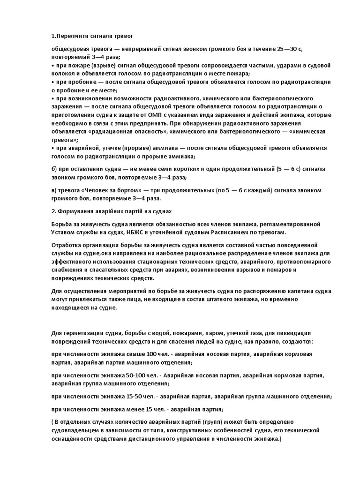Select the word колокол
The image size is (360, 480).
tap(62, 74)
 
